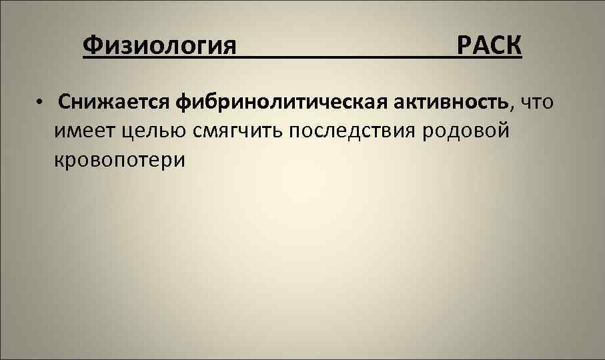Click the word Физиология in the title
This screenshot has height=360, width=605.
coord(160,46)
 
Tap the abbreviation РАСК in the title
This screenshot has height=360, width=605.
coord(489,46)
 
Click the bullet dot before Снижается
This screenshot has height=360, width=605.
coord(40,103)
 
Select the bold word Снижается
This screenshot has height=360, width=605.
coord(114,102)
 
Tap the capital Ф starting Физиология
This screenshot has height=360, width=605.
coord(91,46)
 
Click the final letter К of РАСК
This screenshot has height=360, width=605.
coord(514,46)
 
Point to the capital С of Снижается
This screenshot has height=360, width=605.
coord(65,102)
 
